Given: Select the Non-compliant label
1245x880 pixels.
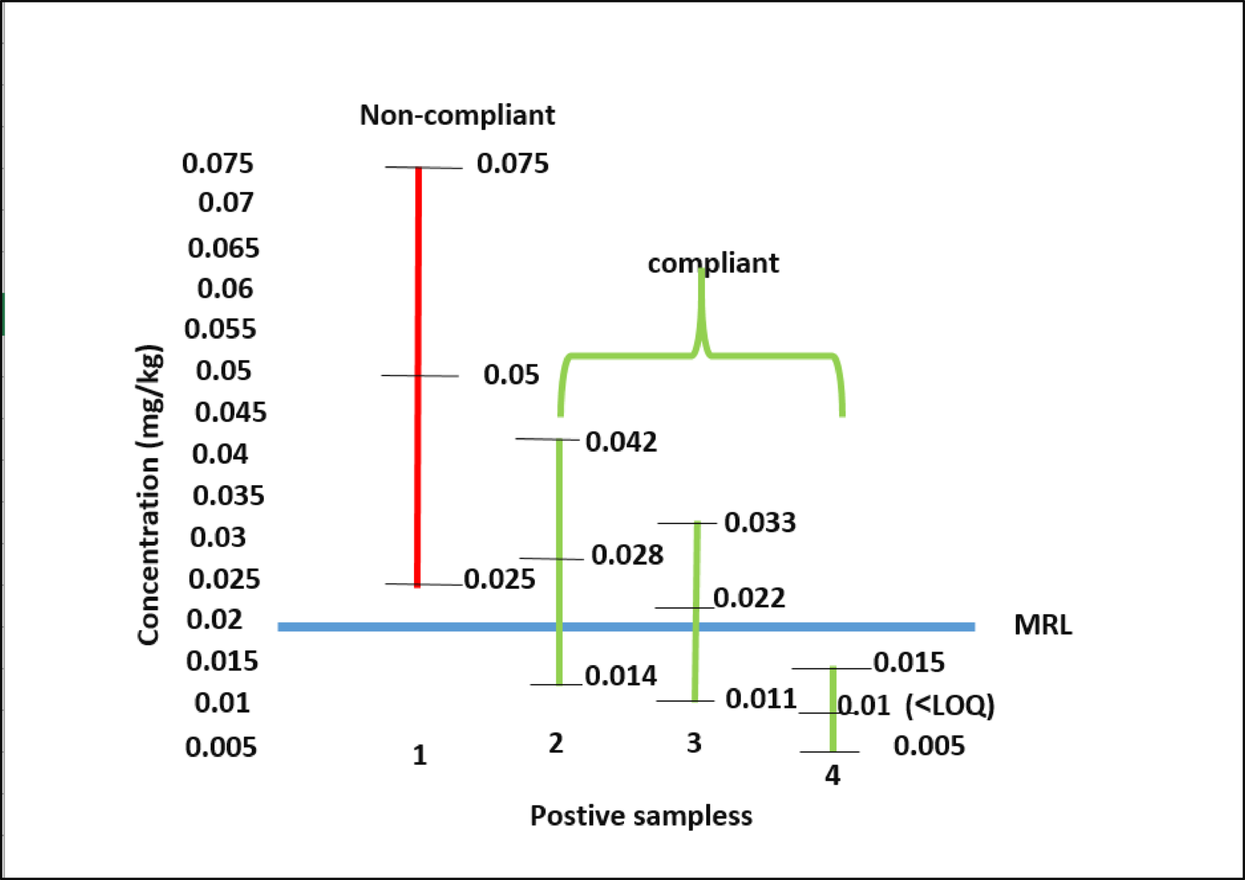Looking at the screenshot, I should coord(457,116).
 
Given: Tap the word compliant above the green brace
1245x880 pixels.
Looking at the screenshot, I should coord(713,263).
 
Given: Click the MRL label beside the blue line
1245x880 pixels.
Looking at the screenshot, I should coord(1043,625).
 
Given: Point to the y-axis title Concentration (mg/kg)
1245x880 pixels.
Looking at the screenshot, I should coord(150,495).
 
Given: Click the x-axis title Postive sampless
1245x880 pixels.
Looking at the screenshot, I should coord(640,816).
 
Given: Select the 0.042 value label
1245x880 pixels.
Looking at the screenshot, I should coord(621,442).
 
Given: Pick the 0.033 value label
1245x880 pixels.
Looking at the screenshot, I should coord(760,522).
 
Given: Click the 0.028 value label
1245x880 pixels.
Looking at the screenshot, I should coord(627,555).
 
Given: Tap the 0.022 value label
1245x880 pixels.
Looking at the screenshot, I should coord(749,598).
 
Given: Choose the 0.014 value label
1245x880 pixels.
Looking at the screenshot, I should coord(620,676).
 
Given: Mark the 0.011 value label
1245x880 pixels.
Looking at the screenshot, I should coord(761,699).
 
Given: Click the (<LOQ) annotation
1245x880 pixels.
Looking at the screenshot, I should coord(950,706).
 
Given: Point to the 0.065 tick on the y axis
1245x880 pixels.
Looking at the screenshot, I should coord(223,248).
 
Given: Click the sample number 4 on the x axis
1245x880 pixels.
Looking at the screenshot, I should coord(832,776).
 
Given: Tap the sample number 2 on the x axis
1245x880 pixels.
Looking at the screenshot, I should coord(556,743).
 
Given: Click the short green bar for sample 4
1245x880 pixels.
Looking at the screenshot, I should coord(833,708).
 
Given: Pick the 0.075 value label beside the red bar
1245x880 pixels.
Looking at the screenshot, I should coord(512,163).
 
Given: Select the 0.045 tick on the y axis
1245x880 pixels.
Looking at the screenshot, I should coord(230,413).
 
